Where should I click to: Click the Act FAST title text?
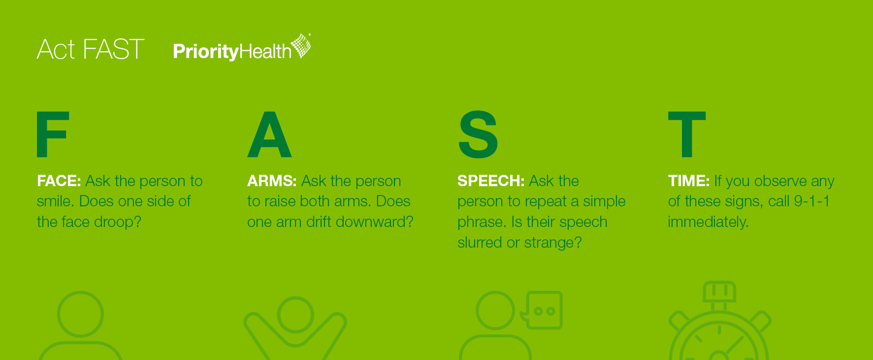(91, 49)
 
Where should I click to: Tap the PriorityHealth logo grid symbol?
(301, 46)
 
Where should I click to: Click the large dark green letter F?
(53, 134)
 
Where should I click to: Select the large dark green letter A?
(269, 134)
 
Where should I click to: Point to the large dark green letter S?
(478, 134)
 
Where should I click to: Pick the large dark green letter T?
(687, 134)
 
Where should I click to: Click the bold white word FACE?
(59, 181)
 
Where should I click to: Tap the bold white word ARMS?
(272, 181)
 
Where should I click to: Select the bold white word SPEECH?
(491, 181)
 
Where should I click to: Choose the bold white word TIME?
(689, 181)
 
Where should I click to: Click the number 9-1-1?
(812, 201)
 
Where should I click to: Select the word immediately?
(708, 223)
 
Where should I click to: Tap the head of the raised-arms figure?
(295, 315)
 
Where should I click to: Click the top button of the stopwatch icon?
(719, 292)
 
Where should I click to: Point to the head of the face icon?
(80, 314)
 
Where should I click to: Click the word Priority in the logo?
(206, 52)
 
